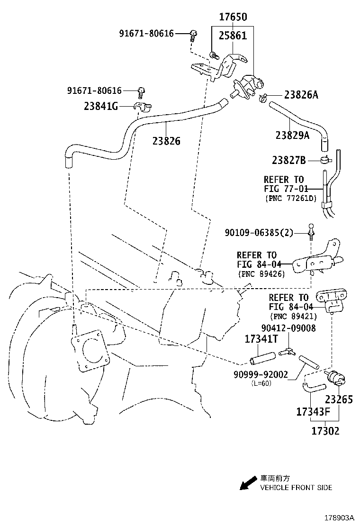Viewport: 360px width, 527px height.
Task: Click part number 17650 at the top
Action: click(233, 18)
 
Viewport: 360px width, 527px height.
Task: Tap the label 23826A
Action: click(301, 95)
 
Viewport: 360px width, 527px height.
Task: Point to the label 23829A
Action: click(292, 136)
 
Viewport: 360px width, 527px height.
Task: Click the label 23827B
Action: click(289, 160)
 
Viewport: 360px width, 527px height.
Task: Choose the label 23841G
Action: click(101, 107)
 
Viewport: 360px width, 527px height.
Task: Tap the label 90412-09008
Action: click(288, 328)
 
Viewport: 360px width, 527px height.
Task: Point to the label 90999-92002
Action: click(261, 374)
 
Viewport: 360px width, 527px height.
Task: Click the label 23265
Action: click(338, 400)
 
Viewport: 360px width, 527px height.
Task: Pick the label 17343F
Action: click(313, 412)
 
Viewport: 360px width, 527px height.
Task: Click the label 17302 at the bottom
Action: click(325, 431)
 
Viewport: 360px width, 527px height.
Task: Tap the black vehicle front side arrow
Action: click(247, 483)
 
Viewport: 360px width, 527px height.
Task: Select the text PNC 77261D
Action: click(291, 198)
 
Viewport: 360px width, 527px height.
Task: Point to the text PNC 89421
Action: click(293, 316)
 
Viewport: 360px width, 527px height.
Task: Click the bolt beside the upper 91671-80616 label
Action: click(193, 34)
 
